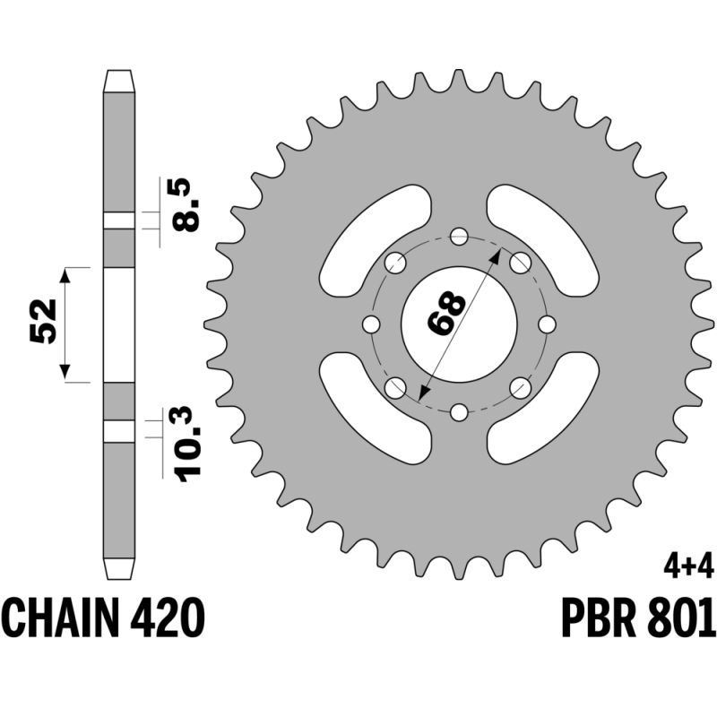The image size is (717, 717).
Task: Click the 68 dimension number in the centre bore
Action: tap(446, 312)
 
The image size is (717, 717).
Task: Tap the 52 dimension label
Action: tap(43, 321)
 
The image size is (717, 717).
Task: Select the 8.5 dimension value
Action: tap(186, 204)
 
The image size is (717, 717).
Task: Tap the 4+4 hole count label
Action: tap(688, 570)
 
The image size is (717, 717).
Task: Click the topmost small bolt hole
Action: tap(459, 237)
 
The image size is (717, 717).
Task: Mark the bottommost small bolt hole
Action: tap(459, 412)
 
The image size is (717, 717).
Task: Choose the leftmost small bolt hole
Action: tap(371, 324)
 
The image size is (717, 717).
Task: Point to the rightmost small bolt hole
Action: tap(547, 324)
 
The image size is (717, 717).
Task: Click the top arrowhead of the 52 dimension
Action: tap(65, 276)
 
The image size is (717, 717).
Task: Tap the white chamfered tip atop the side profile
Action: tap(119, 81)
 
